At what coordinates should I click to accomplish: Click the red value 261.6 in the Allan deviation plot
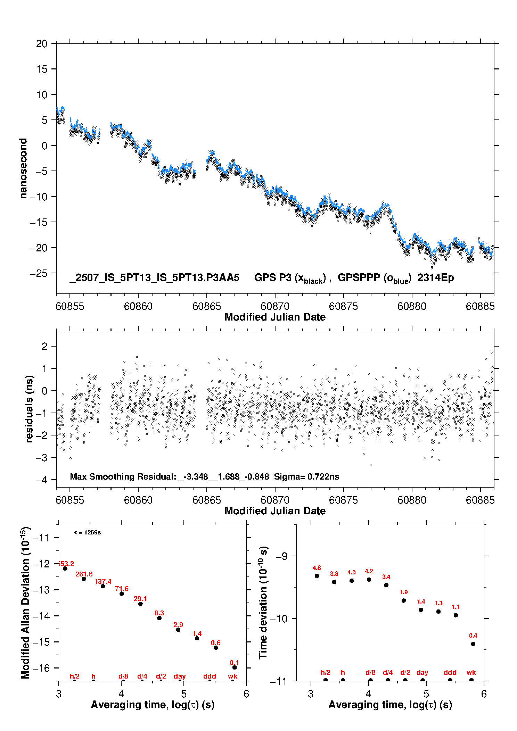click(x=84, y=574)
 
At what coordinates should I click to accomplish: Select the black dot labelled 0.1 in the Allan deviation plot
click(x=235, y=667)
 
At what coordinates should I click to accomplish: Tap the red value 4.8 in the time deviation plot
click(x=317, y=568)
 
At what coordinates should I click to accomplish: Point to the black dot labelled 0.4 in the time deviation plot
click(x=473, y=643)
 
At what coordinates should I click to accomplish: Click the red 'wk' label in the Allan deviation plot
click(x=232, y=676)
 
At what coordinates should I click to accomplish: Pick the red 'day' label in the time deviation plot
click(x=422, y=672)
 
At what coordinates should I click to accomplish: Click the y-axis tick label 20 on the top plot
click(x=42, y=44)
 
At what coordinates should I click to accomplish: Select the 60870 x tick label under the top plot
click(x=275, y=306)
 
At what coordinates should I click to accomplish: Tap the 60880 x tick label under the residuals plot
click(x=412, y=500)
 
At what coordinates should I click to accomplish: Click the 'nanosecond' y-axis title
click(x=23, y=168)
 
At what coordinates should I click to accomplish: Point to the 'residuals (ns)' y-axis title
click(x=30, y=409)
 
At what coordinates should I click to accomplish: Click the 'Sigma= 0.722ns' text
click(x=306, y=476)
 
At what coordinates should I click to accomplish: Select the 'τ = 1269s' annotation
click(x=88, y=532)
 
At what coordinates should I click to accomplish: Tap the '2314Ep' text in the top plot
click(x=436, y=277)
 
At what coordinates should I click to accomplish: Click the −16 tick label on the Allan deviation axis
click(x=42, y=667)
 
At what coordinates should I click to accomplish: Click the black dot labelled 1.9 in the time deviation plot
click(x=403, y=600)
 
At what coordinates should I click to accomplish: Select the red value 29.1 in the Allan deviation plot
click(x=140, y=599)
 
